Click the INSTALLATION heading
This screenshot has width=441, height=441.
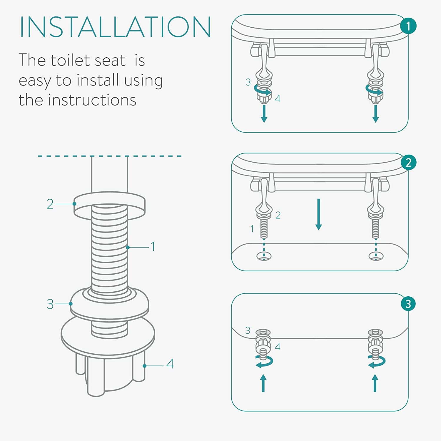[115, 27]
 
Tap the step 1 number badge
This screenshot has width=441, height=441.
[408, 26]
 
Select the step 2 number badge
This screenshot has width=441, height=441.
[408, 162]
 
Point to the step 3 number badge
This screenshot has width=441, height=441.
[408, 304]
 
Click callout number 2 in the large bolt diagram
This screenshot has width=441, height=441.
[50, 204]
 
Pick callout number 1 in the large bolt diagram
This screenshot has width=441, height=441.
[153, 246]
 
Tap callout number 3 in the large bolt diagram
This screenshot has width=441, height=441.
[50, 304]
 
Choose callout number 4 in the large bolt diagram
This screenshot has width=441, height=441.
[170, 364]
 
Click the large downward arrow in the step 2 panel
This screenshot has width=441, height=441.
[318, 214]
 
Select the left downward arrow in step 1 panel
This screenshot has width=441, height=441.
[264, 113]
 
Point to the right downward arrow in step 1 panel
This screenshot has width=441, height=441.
[375, 113]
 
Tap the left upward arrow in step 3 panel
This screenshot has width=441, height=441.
[263, 383]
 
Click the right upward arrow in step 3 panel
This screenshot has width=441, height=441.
[375, 383]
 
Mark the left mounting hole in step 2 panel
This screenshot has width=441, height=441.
[264, 256]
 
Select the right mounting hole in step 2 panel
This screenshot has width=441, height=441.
[376, 256]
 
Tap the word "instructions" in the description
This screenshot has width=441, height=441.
[92, 100]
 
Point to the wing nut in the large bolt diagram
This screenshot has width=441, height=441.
[108, 356]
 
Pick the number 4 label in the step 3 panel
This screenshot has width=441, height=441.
[278, 347]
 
